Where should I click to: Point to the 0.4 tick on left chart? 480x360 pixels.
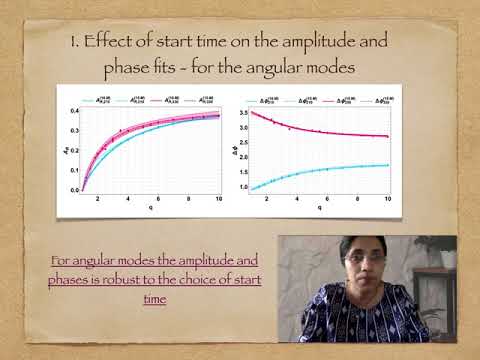(74, 110)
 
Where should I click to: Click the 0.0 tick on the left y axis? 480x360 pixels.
(74, 189)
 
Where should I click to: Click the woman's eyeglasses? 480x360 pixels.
(361, 258)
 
